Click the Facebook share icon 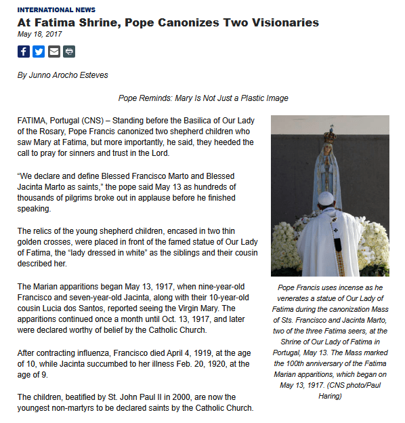pos(24,52)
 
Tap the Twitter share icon pos(39,52)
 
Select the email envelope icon pos(54,52)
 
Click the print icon pos(69,52)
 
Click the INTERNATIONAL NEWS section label pos(56,10)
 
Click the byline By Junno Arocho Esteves pos(62,75)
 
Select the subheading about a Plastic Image pos(203,98)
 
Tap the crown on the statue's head pos(331,135)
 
